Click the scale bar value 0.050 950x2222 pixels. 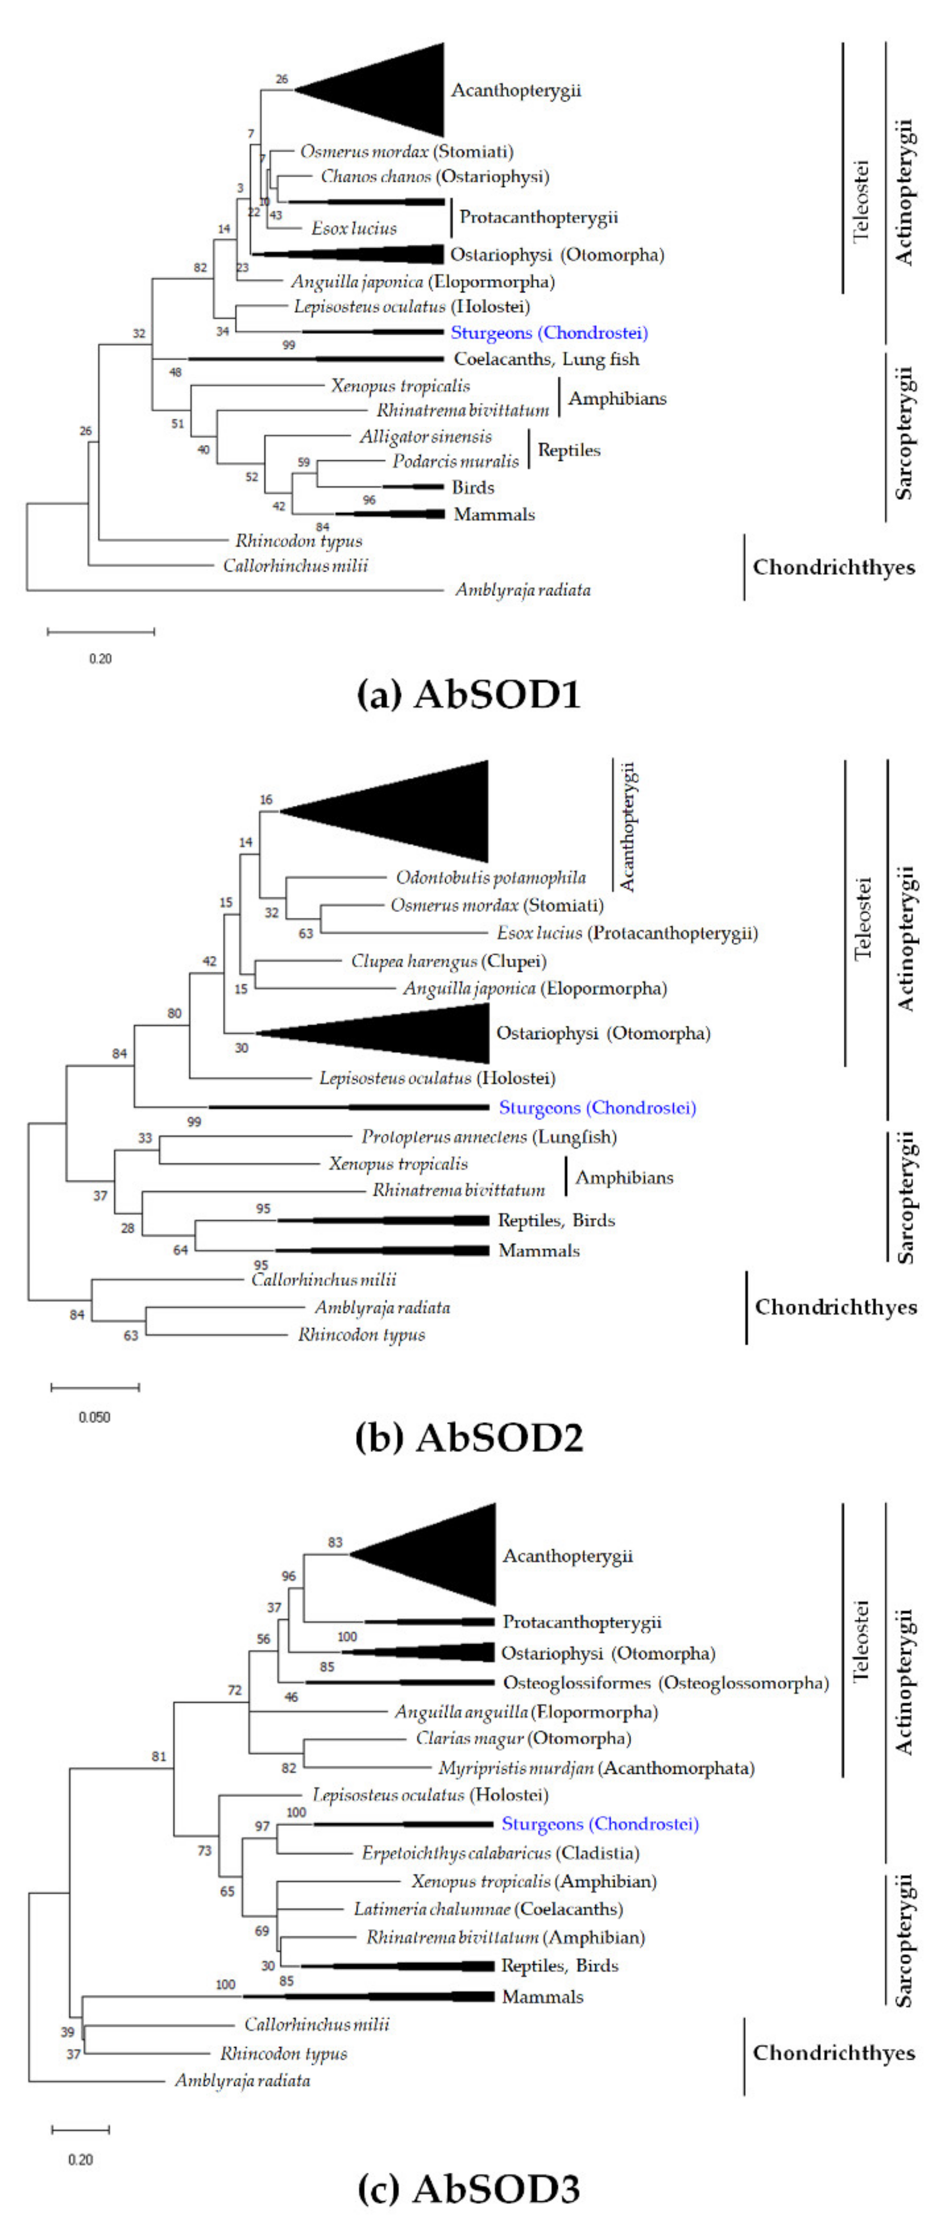[94, 1417]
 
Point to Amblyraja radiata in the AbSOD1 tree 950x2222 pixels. [523, 590]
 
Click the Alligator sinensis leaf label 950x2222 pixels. [426, 437]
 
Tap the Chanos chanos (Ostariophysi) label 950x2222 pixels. [435, 177]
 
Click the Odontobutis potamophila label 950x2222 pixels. [491, 878]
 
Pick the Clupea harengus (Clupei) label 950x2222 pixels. [448, 961]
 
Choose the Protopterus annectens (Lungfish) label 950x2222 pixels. [489, 1137]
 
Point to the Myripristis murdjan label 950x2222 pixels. [596, 1768]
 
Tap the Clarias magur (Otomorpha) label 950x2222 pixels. [523, 1739]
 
